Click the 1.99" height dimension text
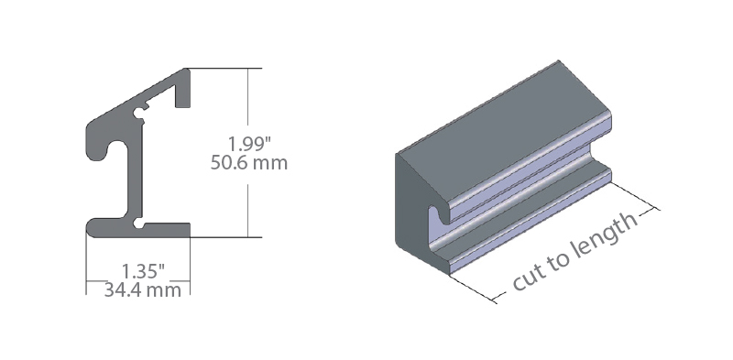pyautogui.click(x=249, y=144)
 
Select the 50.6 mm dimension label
pyautogui.click(x=248, y=163)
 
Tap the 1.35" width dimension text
pyautogui.click(x=143, y=272)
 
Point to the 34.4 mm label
pyautogui.click(x=143, y=289)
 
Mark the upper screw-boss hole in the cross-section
pyautogui.click(x=139, y=113)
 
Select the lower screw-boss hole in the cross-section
pyautogui.click(x=139, y=224)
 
